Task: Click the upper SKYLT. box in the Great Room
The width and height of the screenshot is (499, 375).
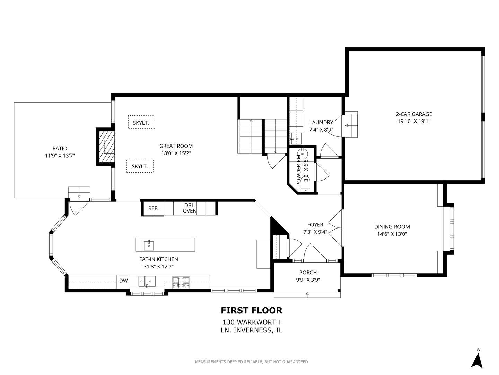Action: pos(141,123)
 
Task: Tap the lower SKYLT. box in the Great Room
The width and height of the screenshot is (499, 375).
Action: pos(140,166)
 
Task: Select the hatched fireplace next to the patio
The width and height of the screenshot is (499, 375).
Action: pos(106,147)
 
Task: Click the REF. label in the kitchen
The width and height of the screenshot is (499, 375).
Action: pos(153,208)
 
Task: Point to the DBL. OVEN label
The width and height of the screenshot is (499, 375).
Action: pos(190,208)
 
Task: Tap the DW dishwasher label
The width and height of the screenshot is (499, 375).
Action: pos(123,281)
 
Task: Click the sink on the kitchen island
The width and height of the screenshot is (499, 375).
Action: pos(149,244)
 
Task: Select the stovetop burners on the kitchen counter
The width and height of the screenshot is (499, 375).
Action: pos(181,283)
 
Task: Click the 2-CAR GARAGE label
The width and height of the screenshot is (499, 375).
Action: pos(414,114)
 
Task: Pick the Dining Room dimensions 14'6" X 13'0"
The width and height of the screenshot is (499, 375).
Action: pos(392,234)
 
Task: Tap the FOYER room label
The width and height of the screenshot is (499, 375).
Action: pos(315,225)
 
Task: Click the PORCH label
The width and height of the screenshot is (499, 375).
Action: pos(308,273)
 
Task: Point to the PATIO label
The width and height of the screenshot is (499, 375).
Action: pos(60,148)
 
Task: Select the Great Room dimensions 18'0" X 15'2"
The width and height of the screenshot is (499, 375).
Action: pos(176,153)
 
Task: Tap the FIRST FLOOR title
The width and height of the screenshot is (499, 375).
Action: pos(252,310)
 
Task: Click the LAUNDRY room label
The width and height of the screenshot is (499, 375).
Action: pos(321,122)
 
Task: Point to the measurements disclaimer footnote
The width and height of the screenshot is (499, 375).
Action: pos(251,362)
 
